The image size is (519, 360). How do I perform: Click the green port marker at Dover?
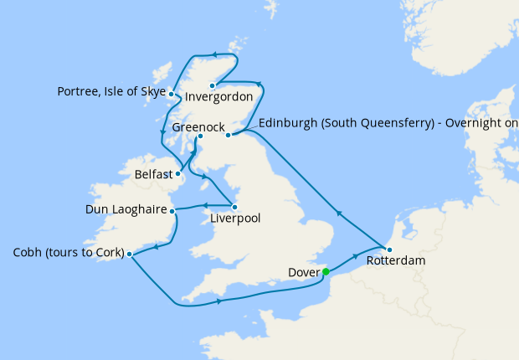(x=326, y=271)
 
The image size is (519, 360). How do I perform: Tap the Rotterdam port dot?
(x=388, y=249)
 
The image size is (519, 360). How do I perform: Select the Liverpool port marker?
(x=234, y=207)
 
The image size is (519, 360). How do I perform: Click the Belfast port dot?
(x=178, y=175)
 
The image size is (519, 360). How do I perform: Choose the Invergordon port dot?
(x=213, y=85)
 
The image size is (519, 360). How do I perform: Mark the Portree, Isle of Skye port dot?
(x=171, y=94)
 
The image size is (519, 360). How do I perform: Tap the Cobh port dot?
(x=129, y=253)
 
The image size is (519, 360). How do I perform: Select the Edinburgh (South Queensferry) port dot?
(x=229, y=133)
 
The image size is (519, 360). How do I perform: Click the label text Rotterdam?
(x=395, y=261)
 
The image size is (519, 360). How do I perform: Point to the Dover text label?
(x=302, y=272)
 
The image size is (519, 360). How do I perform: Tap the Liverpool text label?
(x=234, y=219)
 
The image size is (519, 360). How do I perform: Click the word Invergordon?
(x=218, y=96)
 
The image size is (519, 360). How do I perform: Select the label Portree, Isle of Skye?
(x=111, y=90)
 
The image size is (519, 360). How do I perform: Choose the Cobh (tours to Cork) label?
(x=69, y=253)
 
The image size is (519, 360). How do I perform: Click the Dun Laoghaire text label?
(x=126, y=209)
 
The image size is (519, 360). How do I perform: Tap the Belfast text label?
(x=153, y=176)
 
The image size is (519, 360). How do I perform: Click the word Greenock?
(x=198, y=127)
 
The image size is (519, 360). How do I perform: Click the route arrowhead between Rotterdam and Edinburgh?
(x=339, y=213)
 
